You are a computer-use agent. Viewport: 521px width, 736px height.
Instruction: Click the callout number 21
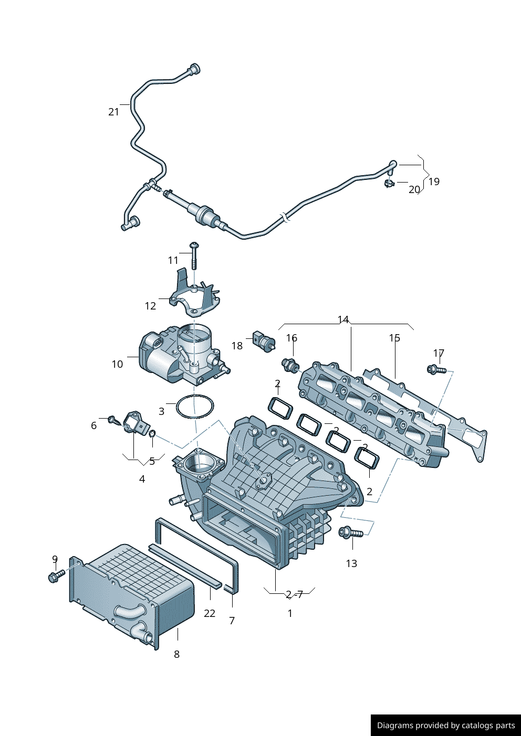click(x=114, y=112)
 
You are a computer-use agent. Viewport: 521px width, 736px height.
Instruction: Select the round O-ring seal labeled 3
click(x=195, y=407)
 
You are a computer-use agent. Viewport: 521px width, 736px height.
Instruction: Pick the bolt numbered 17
click(x=435, y=370)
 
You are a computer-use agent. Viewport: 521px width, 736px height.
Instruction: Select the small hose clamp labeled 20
click(x=389, y=183)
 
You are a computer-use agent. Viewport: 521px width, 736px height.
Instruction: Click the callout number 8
click(x=176, y=654)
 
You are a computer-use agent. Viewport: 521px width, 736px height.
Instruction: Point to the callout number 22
click(x=210, y=613)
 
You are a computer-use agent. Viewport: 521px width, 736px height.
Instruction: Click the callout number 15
click(x=394, y=338)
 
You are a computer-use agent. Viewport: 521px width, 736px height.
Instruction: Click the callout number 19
click(x=434, y=182)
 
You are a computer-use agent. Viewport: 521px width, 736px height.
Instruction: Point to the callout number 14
click(x=343, y=319)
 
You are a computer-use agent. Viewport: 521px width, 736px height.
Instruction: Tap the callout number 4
click(x=142, y=479)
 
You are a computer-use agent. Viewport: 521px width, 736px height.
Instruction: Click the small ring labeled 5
click(x=152, y=433)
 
